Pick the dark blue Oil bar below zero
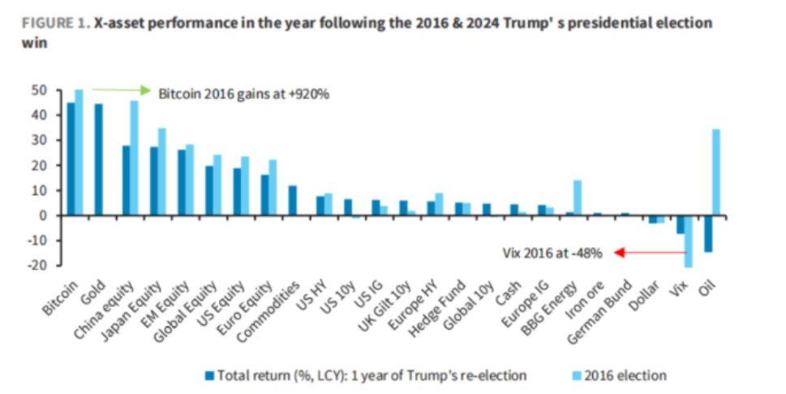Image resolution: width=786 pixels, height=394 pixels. [707, 234]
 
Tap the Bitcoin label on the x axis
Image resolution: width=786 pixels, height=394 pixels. [61, 297]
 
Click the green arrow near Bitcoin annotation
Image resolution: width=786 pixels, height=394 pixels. [122, 89]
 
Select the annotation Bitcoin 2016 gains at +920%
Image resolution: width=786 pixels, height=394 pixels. [243, 92]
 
